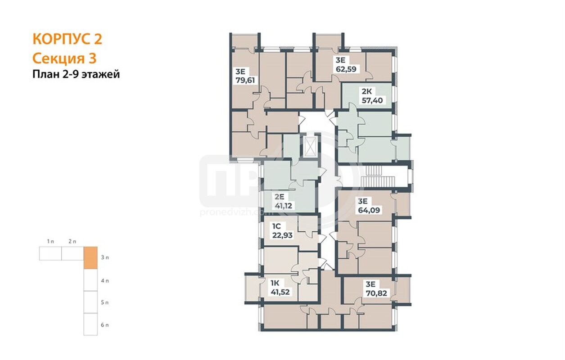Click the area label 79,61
[x=245, y=81]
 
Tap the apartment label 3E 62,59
[x=346, y=64]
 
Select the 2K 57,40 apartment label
[x=372, y=96]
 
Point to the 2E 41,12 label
[x=283, y=201]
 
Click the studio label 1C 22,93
[x=282, y=231]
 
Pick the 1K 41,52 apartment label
[x=280, y=288]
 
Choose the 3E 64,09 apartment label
[x=369, y=206]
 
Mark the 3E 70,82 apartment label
[x=376, y=289]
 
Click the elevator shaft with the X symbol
[x=311, y=146]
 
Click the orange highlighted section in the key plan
[x=90, y=258]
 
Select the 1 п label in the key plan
[x=50, y=242]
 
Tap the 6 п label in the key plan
[x=105, y=325]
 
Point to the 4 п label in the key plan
[x=105, y=281]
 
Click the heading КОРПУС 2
[x=68, y=39]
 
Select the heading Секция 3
[x=64, y=58]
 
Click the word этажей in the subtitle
[x=102, y=75]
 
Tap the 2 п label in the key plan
[x=72, y=242]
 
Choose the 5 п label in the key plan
[x=105, y=302]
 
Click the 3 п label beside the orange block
[x=105, y=257]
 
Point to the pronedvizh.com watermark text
[x=231, y=212]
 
